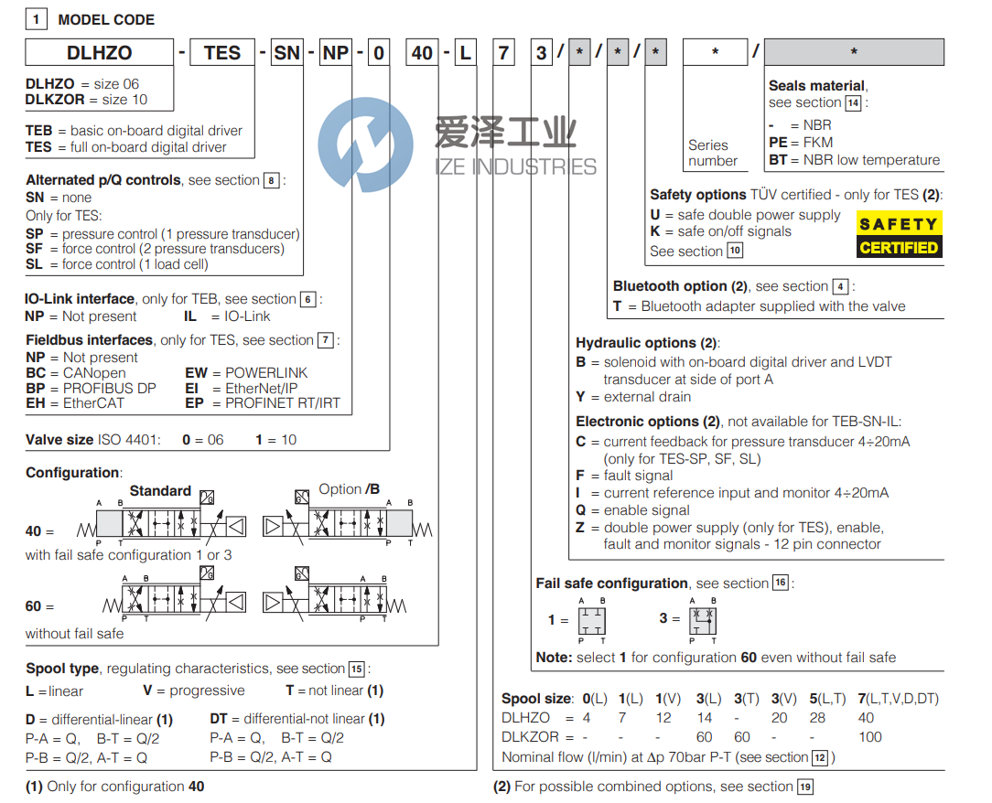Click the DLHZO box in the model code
(99, 53)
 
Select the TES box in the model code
(222, 53)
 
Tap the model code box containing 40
(422, 53)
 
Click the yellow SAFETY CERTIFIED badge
(898, 235)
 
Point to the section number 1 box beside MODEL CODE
(36, 19)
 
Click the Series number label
(712, 153)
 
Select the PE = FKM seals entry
(801, 143)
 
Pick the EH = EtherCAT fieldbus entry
(75, 403)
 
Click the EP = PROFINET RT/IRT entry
(263, 403)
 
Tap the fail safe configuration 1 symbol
(592, 619)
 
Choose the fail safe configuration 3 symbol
(702, 619)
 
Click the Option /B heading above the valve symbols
(349, 489)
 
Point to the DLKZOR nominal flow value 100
(869, 737)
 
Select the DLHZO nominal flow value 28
(817, 718)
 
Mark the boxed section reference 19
(804, 787)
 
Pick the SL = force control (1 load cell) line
(117, 264)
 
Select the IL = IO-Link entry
(228, 316)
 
